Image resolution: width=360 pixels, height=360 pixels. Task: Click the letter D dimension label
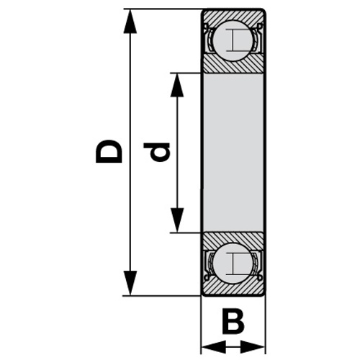point(109,151)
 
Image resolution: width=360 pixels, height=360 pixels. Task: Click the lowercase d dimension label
point(156,152)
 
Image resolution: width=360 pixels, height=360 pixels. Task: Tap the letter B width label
point(233,323)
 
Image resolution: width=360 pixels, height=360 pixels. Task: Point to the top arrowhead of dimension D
point(130,21)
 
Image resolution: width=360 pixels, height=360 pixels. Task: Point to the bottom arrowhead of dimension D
point(130,283)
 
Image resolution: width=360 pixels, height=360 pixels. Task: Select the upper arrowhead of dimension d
point(177,85)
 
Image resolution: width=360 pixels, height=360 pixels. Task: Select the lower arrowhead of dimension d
point(177,220)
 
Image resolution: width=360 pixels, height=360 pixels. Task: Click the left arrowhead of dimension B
point(213,347)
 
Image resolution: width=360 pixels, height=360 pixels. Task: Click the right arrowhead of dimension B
point(253,347)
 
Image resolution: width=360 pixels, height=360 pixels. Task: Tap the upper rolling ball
point(233,40)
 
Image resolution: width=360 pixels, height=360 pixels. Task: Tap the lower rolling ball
point(233,264)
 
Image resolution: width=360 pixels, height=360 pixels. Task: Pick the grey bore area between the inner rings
point(233,153)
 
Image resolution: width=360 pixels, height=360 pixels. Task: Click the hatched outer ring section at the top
point(233,16)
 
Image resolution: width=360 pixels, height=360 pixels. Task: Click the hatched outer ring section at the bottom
point(233,289)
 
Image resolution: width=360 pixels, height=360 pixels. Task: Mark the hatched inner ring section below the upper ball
point(233,66)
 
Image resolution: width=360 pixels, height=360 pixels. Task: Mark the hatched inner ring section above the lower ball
point(233,239)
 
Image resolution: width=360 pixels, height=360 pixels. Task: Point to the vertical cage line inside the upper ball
point(233,40)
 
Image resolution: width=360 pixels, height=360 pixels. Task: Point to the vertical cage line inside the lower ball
point(233,264)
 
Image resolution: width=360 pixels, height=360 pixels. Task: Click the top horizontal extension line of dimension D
point(163,9)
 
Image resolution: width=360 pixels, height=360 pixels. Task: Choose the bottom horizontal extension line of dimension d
point(185,233)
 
